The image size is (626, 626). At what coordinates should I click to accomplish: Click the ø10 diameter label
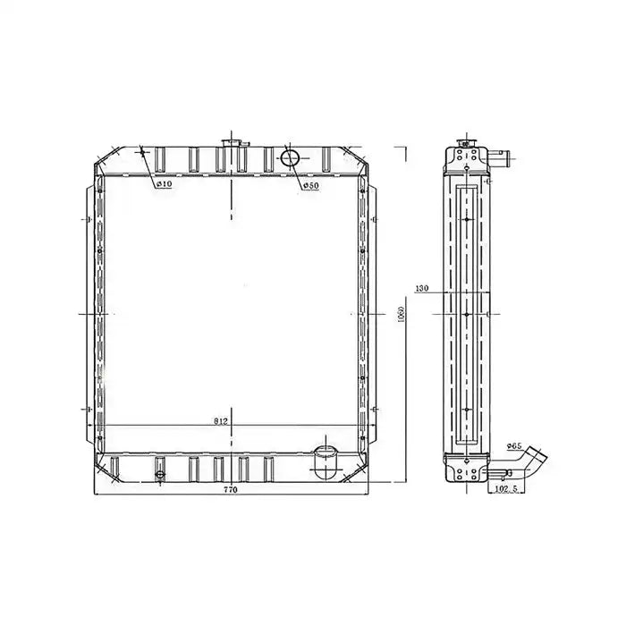(164, 185)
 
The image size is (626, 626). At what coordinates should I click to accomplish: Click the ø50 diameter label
(310, 186)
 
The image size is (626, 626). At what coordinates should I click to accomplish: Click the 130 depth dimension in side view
(423, 289)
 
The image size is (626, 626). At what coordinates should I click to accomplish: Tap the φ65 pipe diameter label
(514, 444)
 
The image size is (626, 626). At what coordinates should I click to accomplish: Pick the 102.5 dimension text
(505, 490)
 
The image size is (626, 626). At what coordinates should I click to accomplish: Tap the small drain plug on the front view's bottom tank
(160, 477)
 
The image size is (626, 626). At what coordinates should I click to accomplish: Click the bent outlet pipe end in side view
(539, 457)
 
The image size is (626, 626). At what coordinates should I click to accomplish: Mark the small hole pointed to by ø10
(142, 152)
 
